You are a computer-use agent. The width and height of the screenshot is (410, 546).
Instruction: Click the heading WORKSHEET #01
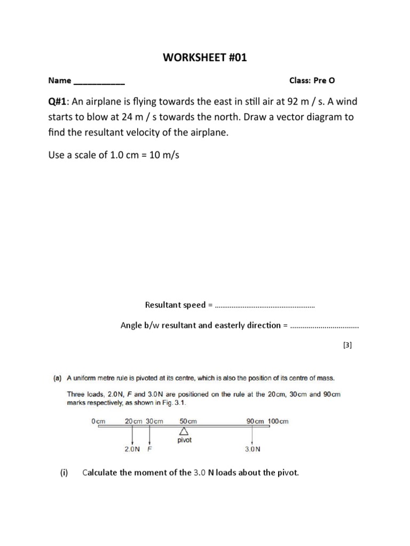point(205,58)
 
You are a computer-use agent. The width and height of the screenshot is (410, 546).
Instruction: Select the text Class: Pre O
point(312,81)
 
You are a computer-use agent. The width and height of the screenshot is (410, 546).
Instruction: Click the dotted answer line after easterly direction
point(324,326)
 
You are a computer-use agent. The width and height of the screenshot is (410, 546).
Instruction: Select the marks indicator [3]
point(348,346)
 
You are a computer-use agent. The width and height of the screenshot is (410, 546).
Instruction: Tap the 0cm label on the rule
point(99,421)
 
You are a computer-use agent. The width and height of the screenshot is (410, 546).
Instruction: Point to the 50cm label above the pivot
point(188,421)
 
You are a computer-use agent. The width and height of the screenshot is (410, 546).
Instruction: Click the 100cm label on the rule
point(278,421)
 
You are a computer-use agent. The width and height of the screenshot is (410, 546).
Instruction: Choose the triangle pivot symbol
point(184,431)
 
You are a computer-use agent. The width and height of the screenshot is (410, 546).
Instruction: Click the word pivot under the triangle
point(184,440)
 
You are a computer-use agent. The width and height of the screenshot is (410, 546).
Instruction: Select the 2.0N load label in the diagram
point(132,449)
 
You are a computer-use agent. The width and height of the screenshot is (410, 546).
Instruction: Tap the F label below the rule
point(150,449)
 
